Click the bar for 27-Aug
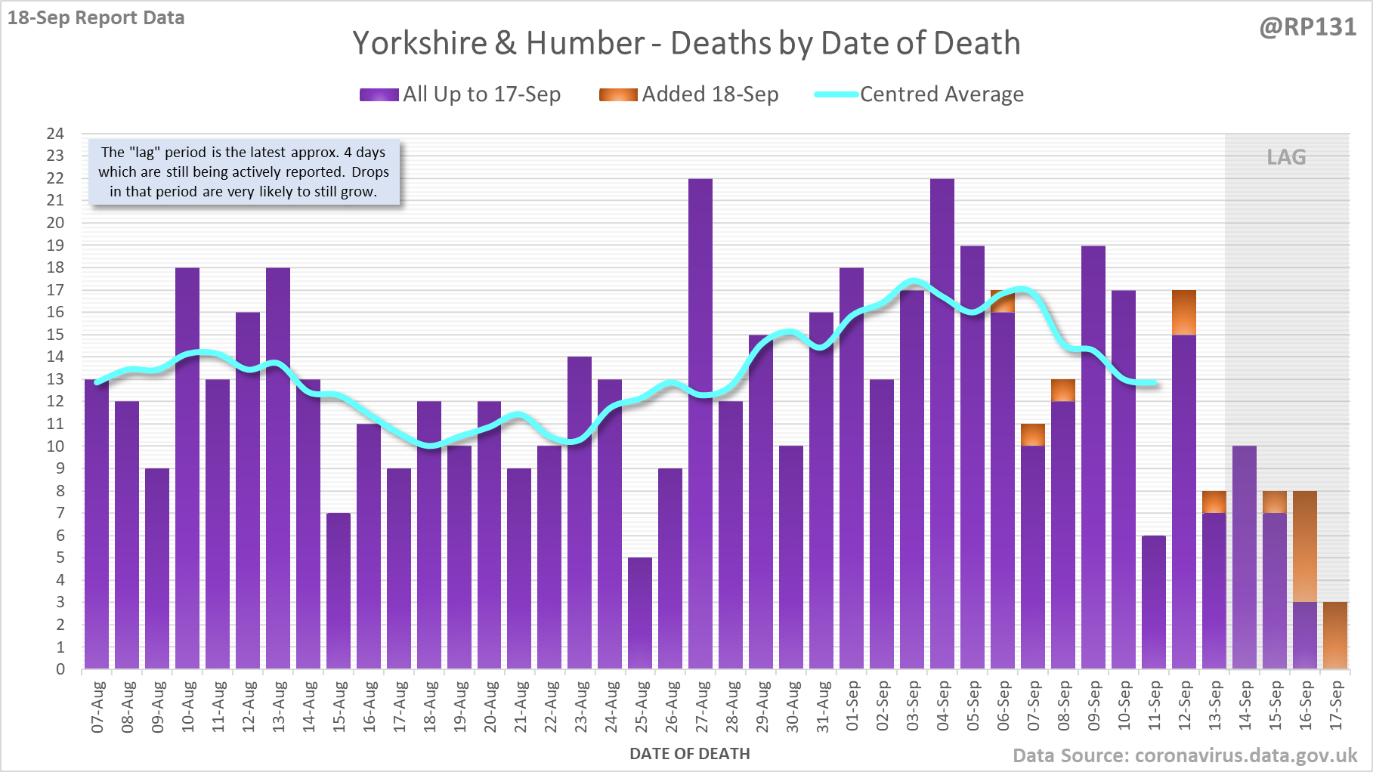700,423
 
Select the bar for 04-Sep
942,423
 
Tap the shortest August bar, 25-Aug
640,613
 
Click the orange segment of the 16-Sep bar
1305,546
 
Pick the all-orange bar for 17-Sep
1335,635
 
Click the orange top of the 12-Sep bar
1184,312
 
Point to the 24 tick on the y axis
55,134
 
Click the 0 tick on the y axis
60,669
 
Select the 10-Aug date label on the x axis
188,706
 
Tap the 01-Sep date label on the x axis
852,706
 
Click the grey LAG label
1286,157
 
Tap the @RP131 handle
1307,27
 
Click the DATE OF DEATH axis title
689,754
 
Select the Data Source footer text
1185,755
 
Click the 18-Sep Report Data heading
96,17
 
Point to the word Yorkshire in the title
420,43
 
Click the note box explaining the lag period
243,172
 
